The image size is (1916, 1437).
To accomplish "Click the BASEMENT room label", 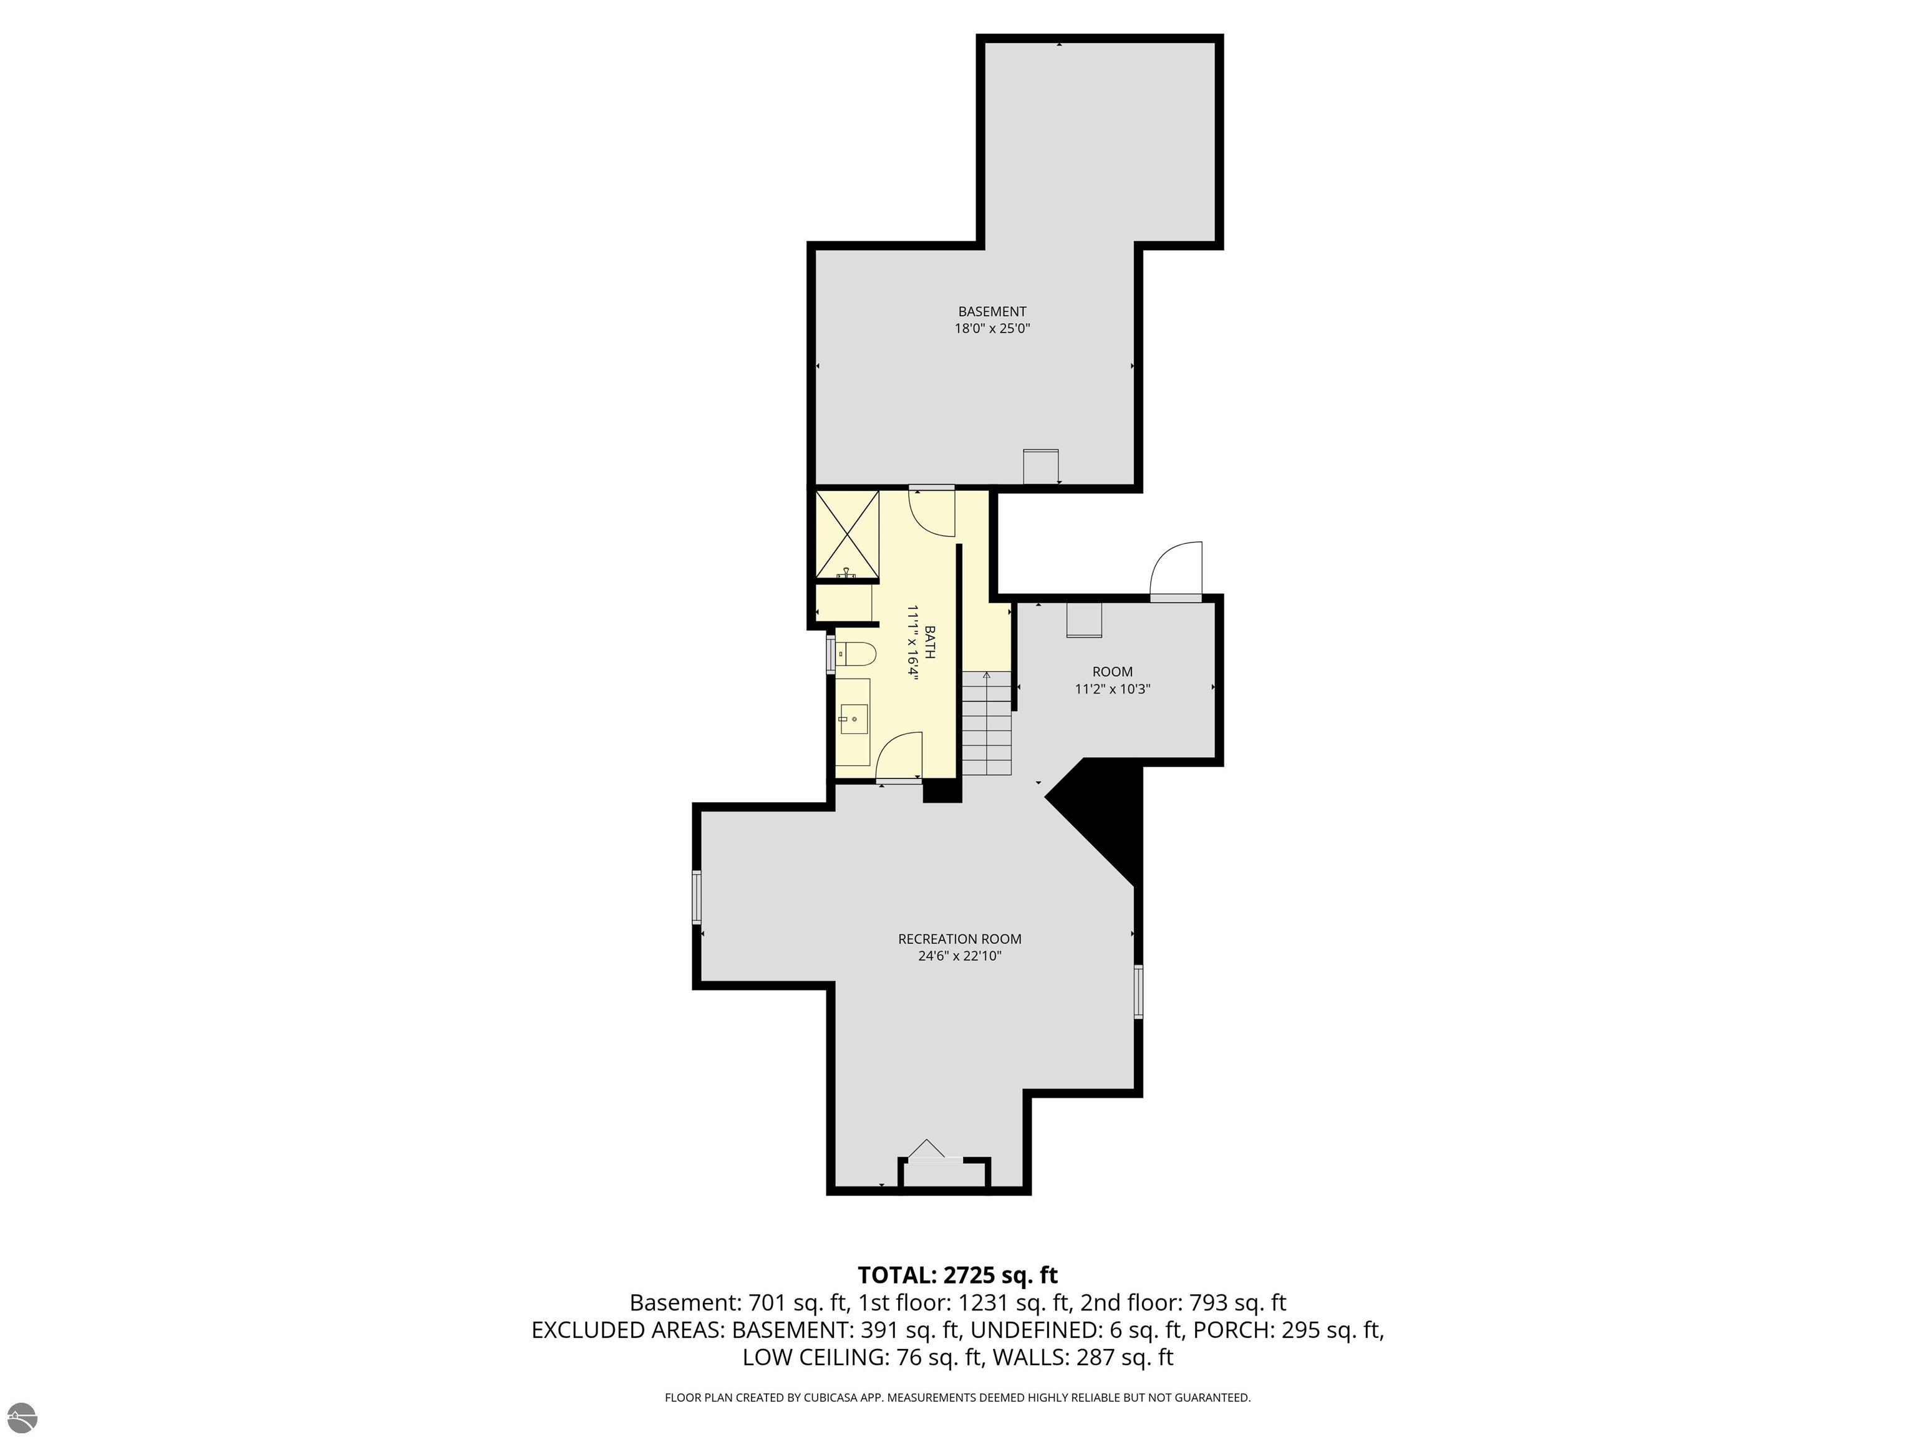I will pos(992,311).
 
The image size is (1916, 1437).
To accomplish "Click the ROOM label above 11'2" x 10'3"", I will pos(1112,671).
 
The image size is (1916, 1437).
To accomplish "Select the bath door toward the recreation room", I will pos(899,756).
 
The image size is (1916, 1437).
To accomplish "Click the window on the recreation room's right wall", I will pos(1138,991).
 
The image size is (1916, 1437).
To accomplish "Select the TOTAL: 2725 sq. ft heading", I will pos(957,1275).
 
